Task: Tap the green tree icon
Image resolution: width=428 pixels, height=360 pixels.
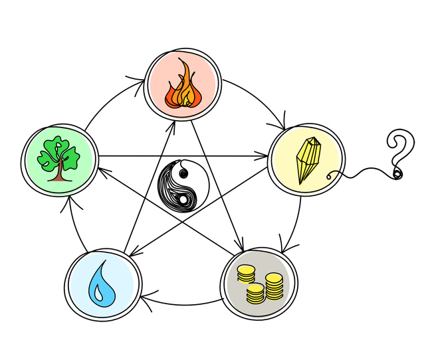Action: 59,157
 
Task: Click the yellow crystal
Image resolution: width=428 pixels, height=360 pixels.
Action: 308,160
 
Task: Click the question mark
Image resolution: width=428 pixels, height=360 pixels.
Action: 398,150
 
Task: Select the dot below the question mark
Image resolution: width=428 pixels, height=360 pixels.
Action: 397,174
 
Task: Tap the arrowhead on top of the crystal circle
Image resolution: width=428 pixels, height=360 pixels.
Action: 283,124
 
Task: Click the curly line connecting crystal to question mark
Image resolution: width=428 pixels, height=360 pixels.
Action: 362,174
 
